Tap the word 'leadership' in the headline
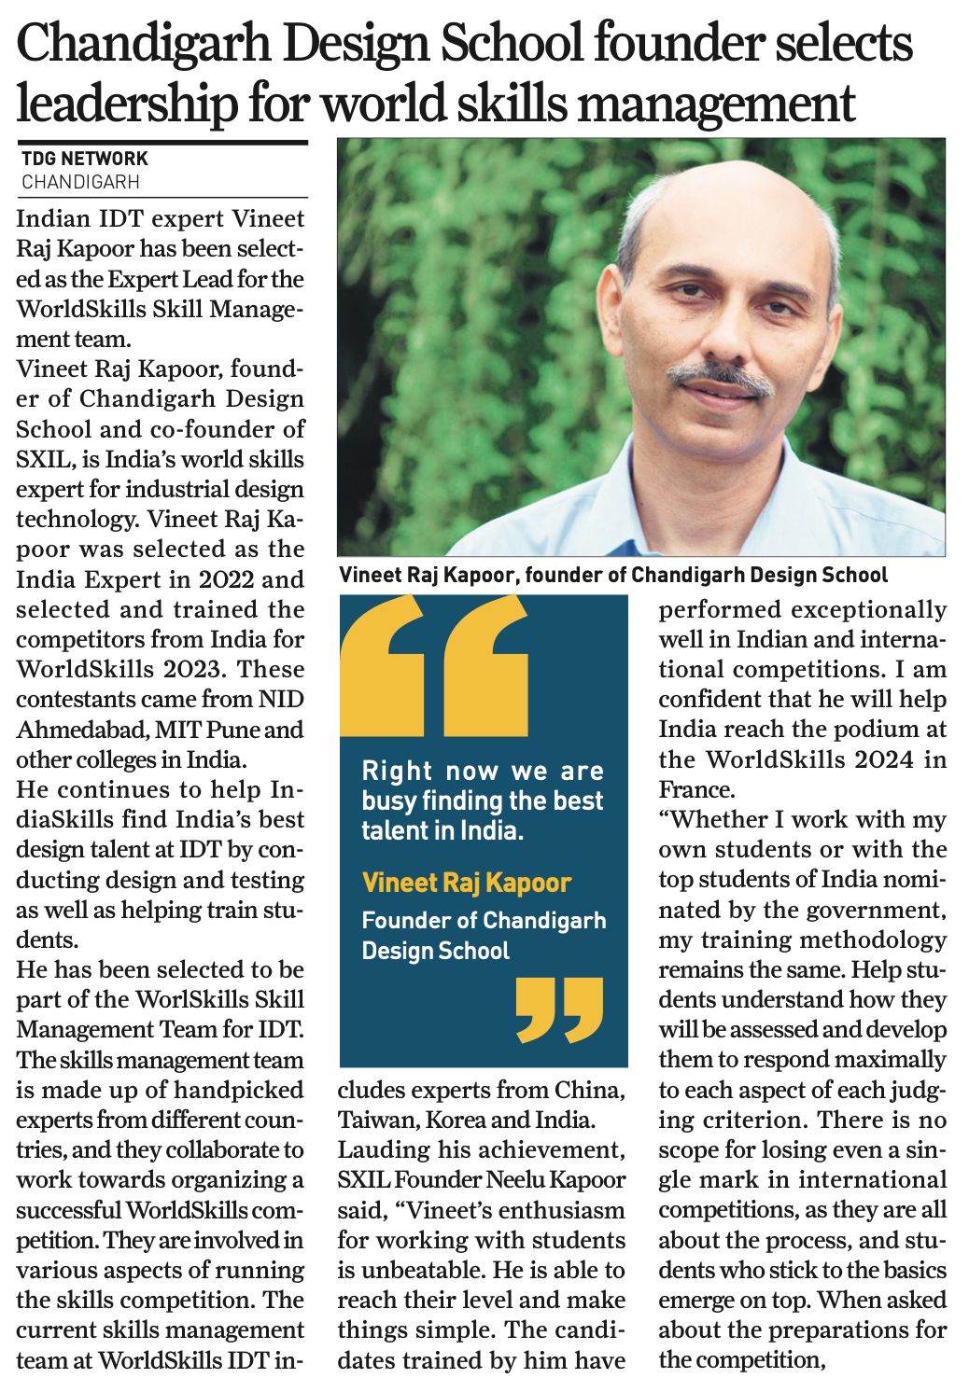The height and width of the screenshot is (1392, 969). pos(126,103)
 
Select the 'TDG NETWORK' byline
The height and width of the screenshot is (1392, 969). pos(85,160)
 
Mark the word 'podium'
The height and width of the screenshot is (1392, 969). pos(868,729)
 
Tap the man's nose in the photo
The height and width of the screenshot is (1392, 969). pos(717,331)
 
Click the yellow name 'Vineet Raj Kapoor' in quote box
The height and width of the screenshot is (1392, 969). pos(466,883)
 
